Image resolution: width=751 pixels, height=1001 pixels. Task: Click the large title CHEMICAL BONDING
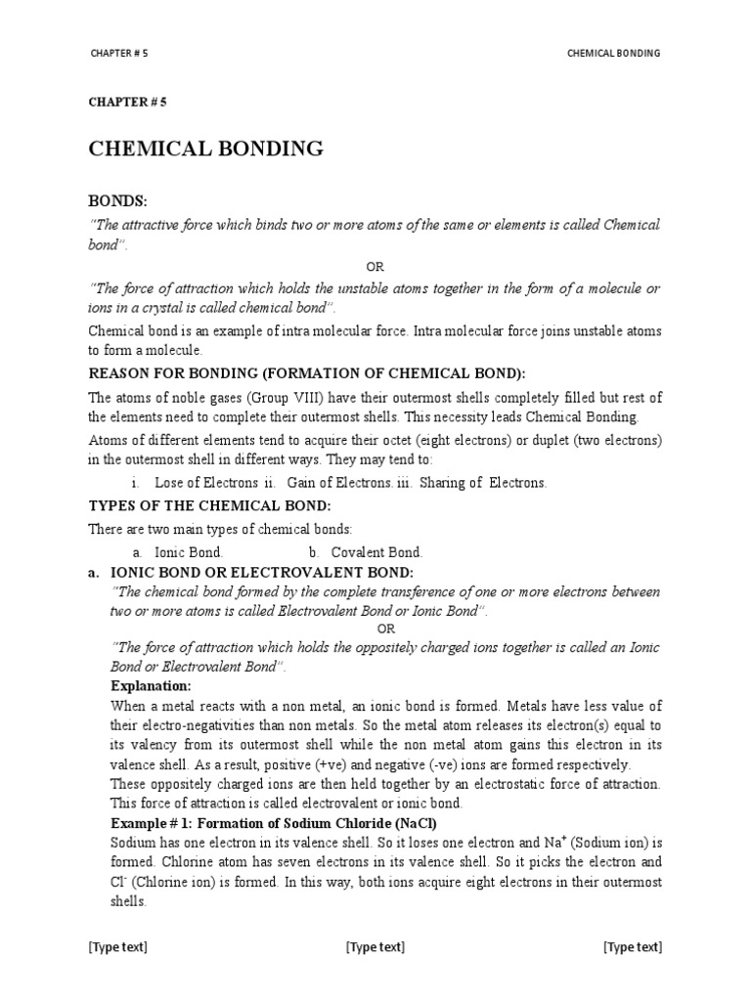pos(205,149)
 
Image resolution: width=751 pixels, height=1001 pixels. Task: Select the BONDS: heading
pos(117,201)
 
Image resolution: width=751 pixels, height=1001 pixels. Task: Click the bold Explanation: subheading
pos(151,686)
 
